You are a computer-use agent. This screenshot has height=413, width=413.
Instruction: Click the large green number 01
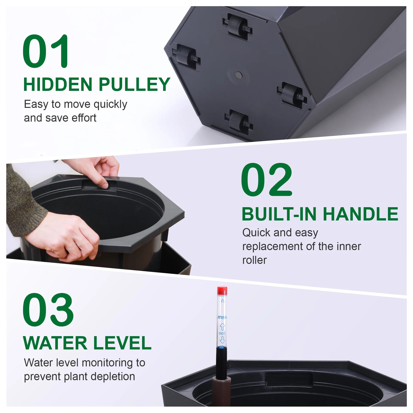click(46, 51)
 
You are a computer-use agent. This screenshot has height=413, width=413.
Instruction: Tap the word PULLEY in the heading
click(134, 85)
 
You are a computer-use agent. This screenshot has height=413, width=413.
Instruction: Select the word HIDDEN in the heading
click(58, 85)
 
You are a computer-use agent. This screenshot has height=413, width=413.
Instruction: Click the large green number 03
click(48, 310)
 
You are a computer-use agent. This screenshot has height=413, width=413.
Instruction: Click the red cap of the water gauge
click(222, 291)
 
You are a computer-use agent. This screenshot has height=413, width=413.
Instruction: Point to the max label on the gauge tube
click(222, 317)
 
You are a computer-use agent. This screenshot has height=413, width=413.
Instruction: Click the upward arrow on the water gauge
click(222, 327)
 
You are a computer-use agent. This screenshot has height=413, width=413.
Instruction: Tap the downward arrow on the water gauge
click(222, 340)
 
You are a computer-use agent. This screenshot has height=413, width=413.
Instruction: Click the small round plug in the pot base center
click(238, 75)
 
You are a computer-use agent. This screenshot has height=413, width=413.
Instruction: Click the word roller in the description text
click(254, 260)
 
